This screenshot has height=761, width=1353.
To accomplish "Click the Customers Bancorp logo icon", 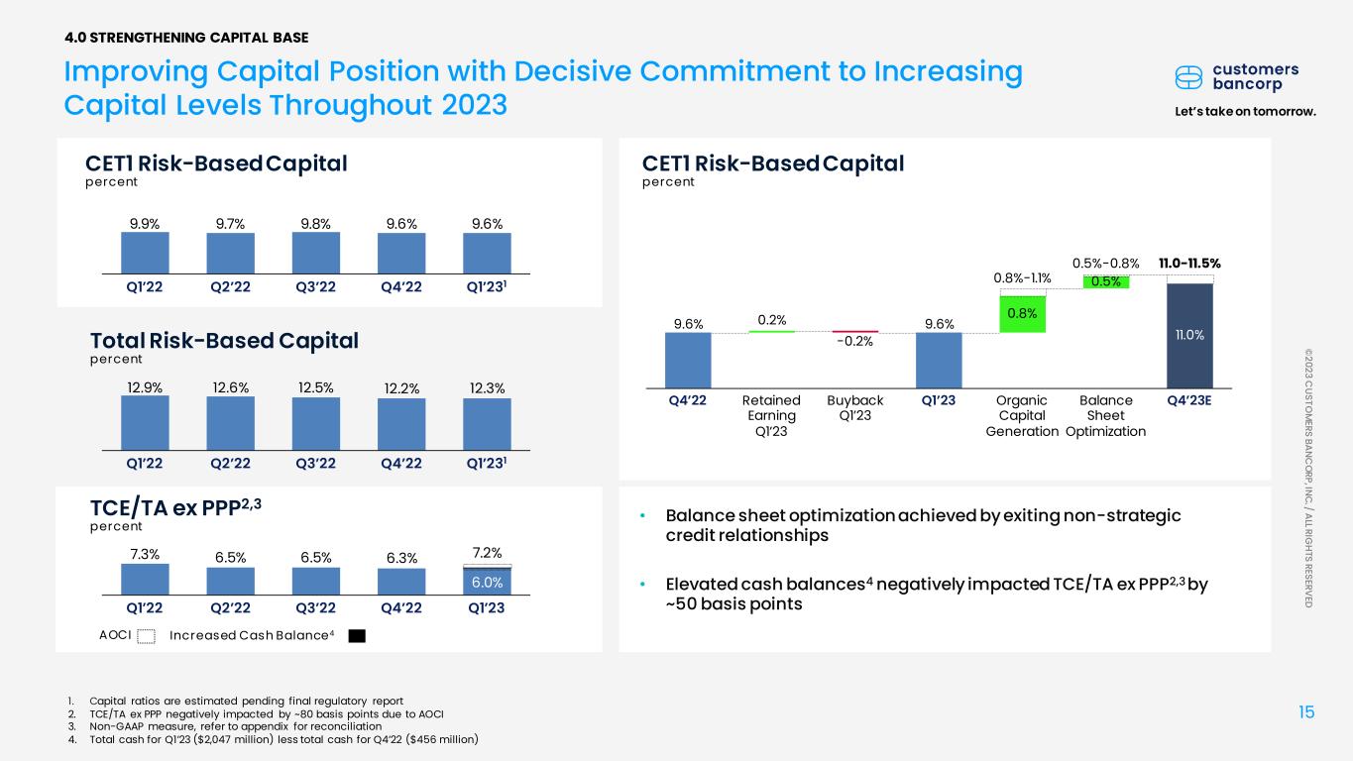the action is (x=1188, y=77).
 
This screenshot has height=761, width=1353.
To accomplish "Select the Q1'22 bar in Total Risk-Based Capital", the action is (x=145, y=423).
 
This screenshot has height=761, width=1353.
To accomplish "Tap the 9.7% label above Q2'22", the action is (x=230, y=224).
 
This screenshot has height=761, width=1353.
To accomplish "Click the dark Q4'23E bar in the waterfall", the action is (x=1189, y=336).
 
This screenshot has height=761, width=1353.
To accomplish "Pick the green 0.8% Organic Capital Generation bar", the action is (x=1022, y=314).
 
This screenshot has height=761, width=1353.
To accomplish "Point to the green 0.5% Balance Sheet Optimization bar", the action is (x=1106, y=282).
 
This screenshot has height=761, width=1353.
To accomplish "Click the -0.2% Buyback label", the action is (x=854, y=341).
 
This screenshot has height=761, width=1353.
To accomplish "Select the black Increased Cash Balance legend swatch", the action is (x=357, y=636).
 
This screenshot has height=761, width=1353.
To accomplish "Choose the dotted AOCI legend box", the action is (x=146, y=636).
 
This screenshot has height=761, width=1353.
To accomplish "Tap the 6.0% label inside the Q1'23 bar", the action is (x=487, y=583).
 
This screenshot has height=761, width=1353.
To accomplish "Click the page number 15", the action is (x=1306, y=712).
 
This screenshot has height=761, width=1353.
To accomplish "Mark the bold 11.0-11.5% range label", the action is (x=1189, y=264).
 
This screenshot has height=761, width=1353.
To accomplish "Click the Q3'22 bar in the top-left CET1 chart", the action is (x=316, y=253).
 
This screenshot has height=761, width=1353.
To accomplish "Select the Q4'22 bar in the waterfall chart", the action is (x=688, y=361).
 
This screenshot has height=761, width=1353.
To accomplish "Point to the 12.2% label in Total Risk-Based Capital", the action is (x=401, y=388).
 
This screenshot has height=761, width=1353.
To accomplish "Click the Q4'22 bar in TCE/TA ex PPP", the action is (x=401, y=582).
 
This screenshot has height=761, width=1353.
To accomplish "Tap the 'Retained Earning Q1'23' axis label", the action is (x=771, y=415).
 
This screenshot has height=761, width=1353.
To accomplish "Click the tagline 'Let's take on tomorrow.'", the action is (x=1246, y=112).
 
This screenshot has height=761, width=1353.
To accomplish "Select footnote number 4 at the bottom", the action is (x=72, y=739).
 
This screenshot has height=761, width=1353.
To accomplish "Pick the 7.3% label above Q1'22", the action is (x=145, y=555).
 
